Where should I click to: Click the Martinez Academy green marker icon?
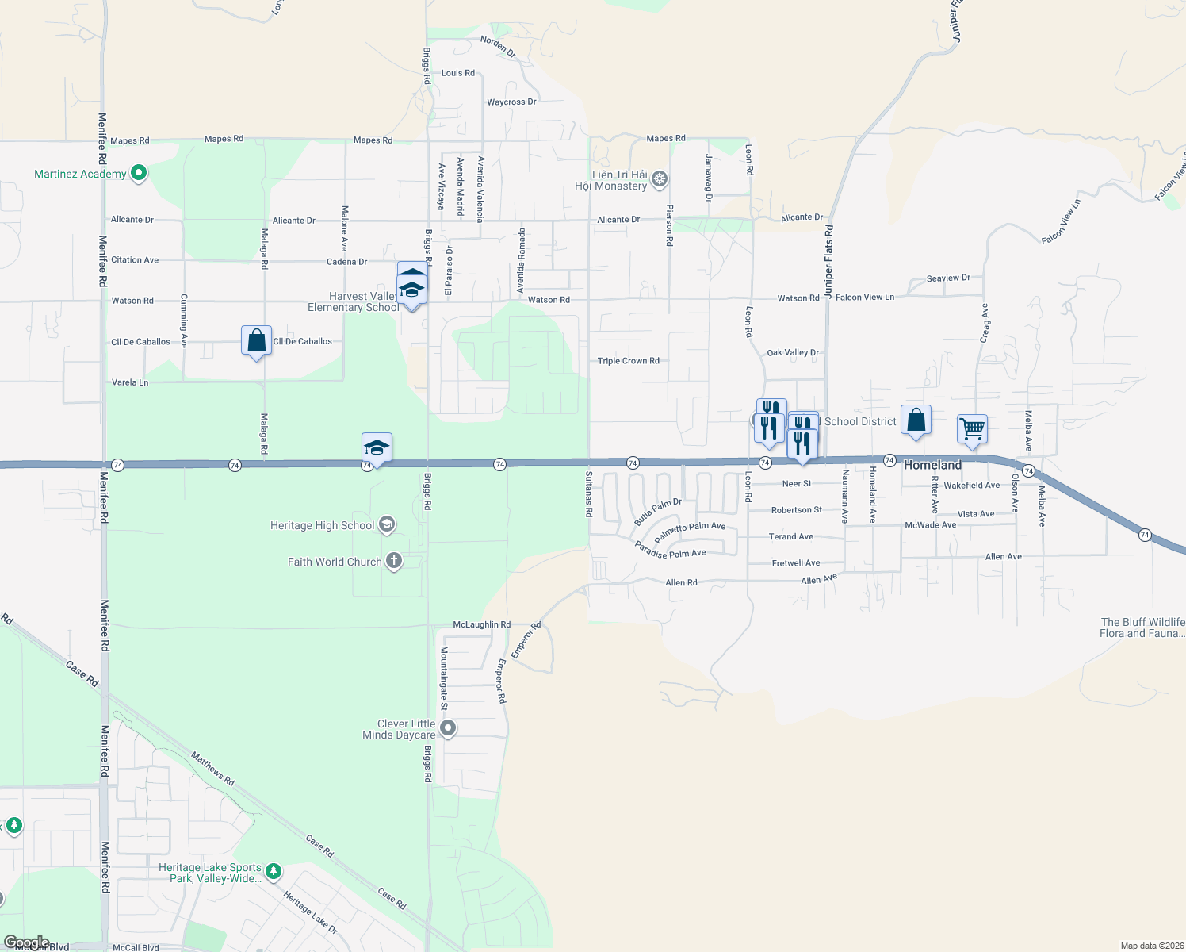tap(139, 173)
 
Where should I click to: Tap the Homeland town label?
tap(932, 465)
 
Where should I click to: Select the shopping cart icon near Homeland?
tap(972, 429)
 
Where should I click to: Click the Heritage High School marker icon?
tap(386, 524)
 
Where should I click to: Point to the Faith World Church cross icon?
tap(393, 562)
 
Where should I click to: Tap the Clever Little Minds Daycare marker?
tap(448, 728)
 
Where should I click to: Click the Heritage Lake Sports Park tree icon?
tap(274, 872)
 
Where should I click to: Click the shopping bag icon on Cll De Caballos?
tap(256, 341)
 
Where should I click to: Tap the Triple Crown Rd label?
tap(628, 361)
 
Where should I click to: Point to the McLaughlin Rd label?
tap(481, 624)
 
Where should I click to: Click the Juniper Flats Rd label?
tap(829, 262)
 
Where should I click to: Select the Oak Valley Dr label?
tap(793, 352)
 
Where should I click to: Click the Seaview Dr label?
tap(948, 278)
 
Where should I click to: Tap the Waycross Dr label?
tap(511, 102)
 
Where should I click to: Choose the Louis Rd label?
tap(458, 73)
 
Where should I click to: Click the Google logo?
tap(26, 942)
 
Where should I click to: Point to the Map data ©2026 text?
tap(1152, 946)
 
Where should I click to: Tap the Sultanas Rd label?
tap(588, 494)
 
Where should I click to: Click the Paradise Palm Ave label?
tap(670, 550)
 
